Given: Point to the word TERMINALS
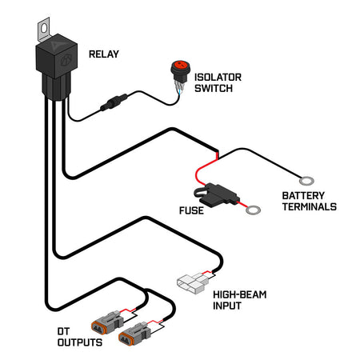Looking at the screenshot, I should click(x=308, y=206).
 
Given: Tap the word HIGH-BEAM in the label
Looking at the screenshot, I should click(x=239, y=295).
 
